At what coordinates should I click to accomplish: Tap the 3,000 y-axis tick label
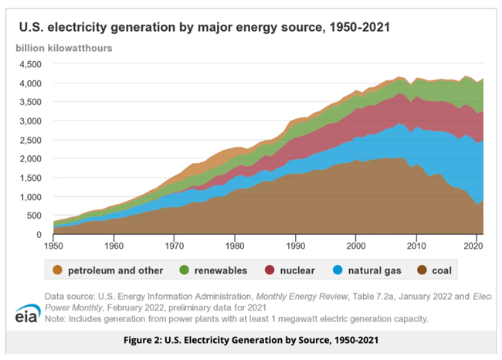point(30,121)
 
